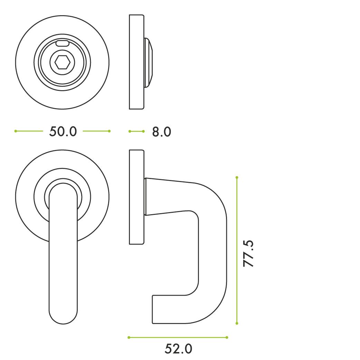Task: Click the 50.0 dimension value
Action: [63, 131]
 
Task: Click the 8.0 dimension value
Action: [161, 132]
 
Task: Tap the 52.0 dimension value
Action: [178, 349]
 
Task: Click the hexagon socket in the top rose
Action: [63, 62]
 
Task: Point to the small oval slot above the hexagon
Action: [63, 43]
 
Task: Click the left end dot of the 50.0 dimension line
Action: [16, 131]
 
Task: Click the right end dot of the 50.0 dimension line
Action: [109, 131]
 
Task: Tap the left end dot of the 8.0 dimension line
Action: [130, 131]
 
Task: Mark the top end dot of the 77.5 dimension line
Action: [237, 177]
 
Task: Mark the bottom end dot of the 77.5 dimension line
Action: [237, 323]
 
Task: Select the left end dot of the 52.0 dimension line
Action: [129, 337]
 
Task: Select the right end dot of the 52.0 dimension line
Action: [227, 337]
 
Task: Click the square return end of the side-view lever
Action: [159, 309]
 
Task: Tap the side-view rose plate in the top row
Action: [136, 62]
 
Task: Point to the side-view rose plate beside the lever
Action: [136, 197]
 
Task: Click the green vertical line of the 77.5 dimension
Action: [237, 225]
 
